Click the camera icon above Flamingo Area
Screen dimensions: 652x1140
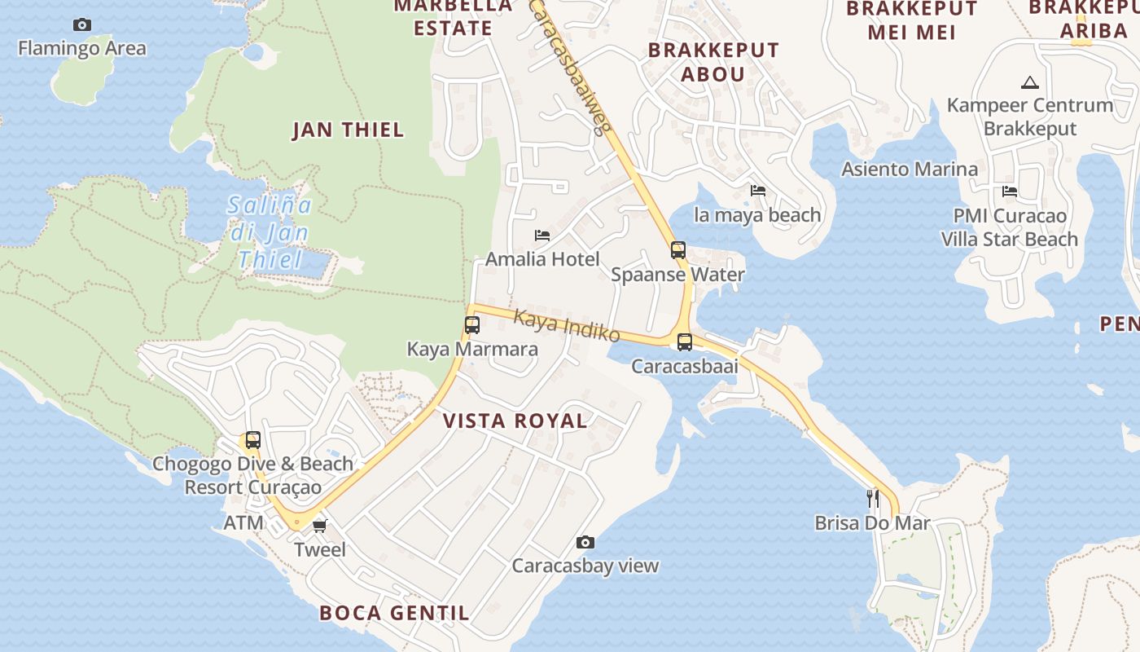(82, 25)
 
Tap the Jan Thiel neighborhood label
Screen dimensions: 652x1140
(348, 130)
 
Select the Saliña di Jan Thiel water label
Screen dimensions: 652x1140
(269, 232)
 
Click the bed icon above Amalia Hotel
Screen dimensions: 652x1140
(542, 236)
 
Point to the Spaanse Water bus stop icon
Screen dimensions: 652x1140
(678, 250)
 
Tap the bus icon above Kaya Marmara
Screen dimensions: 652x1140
(472, 325)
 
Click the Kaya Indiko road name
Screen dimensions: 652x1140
(568, 327)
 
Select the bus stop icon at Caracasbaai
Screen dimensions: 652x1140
(685, 342)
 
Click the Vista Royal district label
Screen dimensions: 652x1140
(515, 421)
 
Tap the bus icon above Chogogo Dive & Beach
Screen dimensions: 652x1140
(253, 440)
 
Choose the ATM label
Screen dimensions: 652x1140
(243, 523)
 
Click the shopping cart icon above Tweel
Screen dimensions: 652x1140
(319, 526)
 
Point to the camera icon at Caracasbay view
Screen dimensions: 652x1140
(585, 542)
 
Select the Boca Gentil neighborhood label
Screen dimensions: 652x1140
(394, 613)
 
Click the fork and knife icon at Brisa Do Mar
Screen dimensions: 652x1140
(872, 498)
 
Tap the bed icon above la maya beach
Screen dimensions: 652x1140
(758, 191)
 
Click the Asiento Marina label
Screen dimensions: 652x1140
(910, 170)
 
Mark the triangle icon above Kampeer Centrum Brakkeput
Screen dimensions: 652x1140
(1030, 82)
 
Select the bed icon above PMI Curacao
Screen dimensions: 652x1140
(1010, 192)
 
